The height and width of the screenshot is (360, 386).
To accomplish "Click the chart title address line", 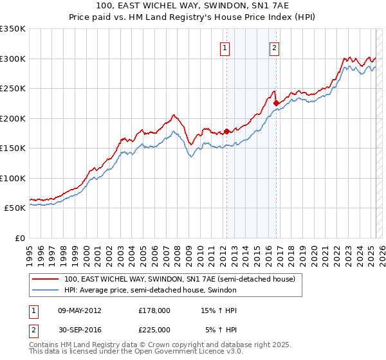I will [x=192, y=6].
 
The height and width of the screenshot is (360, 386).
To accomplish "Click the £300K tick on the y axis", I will [x=13, y=59].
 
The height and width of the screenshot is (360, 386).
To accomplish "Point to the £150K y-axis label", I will [x=13, y=148].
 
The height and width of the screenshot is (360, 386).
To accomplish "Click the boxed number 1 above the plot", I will [x=225, y=47].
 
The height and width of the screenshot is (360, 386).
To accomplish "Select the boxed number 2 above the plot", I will [x=274, y=47].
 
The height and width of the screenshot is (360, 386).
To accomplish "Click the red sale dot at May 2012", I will [x=226, y=131].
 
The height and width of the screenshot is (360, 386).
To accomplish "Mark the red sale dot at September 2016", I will [x=276, y=103].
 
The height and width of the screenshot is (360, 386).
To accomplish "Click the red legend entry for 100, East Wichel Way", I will [x=179, y=280].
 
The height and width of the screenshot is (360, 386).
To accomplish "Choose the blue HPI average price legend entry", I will [x=151, y=291].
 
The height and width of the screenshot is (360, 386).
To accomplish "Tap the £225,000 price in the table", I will [x=154, y=329].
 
